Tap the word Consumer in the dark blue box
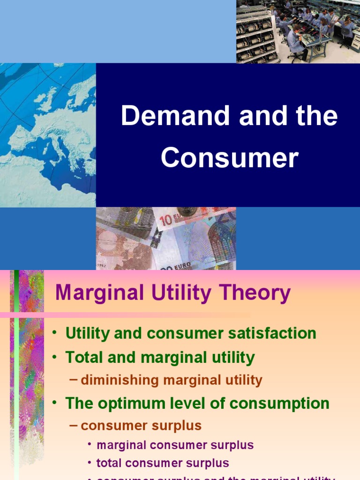229,158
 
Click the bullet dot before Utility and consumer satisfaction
55,333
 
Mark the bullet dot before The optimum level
55,403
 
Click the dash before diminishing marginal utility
73,379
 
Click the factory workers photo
298,31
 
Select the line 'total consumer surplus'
162,463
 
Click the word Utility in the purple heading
165,293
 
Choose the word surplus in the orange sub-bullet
180,426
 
